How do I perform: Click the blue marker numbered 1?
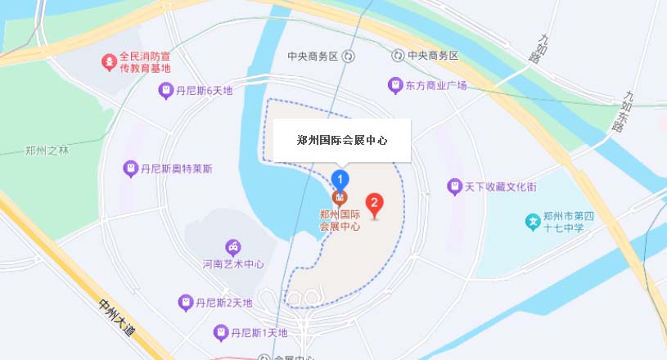point(340,178)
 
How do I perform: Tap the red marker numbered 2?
point(374,202)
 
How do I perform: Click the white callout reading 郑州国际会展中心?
point(341,141)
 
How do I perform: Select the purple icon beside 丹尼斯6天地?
point(166,91)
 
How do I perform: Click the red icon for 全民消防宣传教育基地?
point(107,61)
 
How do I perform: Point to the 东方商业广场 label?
point(436,85)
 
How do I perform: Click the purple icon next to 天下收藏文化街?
point(454,187)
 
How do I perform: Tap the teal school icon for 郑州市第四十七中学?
point(532,221)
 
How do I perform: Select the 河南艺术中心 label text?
point(233,264)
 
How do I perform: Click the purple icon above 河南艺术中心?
point(233,247)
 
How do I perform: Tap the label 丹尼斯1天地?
point(259,333)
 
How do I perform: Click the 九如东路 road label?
point(624,111)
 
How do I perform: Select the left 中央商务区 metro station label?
point(313,56)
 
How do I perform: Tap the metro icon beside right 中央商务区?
point(397,56)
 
